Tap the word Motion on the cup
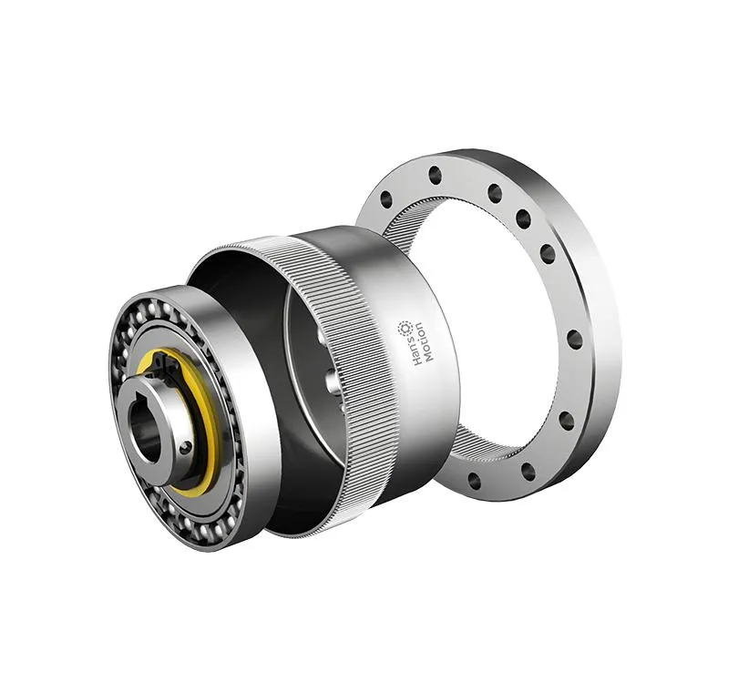click(427, 342)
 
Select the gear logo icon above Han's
click(405, 328)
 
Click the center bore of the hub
click(146, 428)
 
